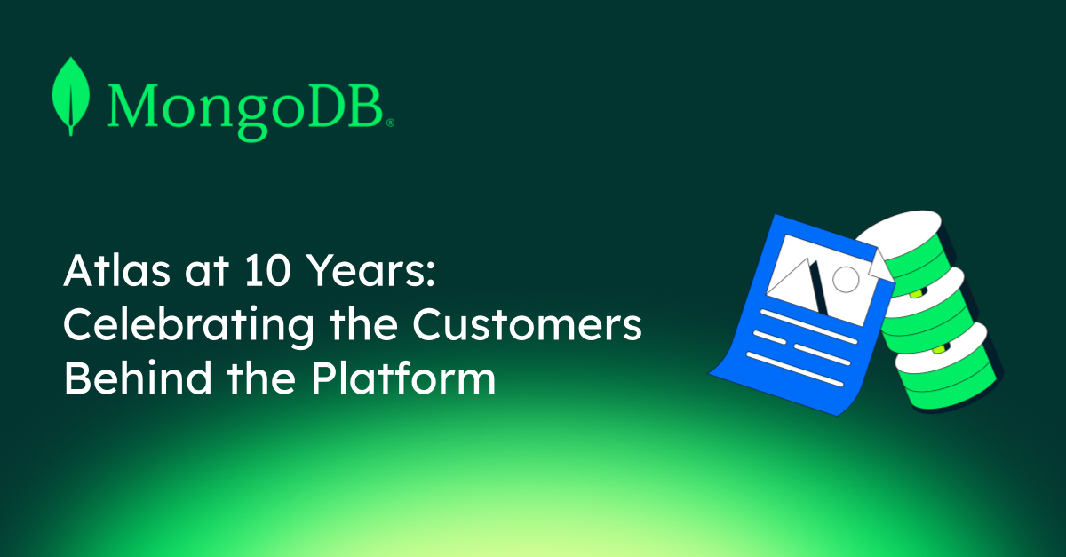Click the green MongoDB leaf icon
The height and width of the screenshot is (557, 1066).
click(x=71, y=97)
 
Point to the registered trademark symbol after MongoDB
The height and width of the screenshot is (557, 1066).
click(x=390, y=123)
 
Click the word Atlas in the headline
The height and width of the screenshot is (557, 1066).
click(x=117, y=271)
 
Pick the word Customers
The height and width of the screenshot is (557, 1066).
click(x=528, y=325)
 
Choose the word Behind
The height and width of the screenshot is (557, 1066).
click(x=138, y=378)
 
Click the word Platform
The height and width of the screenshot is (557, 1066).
click(x=403, y=378)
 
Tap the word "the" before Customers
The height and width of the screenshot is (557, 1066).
click(x=363, y=324)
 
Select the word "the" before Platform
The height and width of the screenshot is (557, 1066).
click(x=261, y=378)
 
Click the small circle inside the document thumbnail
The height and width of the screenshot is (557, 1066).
click(x=846, y=280)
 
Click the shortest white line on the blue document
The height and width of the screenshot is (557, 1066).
click(x=769, y=338)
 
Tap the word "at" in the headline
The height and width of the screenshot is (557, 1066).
click(x=207, y=273)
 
